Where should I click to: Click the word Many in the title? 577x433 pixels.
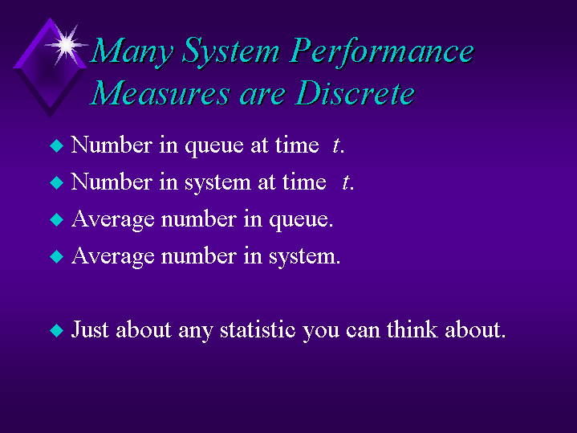[132, 51]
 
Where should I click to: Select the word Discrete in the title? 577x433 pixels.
[355, 93]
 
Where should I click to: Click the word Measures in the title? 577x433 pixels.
[160, 93]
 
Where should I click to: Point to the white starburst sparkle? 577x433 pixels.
[67, 45]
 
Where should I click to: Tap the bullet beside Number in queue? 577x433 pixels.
[57, 145]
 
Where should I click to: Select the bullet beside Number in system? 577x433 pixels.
[57, 182]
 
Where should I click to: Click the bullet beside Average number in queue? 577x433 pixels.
[57, 219]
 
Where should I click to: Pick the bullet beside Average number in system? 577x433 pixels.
[57, 256]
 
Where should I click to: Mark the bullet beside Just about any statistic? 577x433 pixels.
[57, 330]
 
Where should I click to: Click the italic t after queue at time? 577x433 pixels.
[335, 145]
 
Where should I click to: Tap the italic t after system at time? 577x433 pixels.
[346, 182]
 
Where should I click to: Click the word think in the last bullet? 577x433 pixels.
[412, 329]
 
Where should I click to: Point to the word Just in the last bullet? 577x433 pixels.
[90, 329]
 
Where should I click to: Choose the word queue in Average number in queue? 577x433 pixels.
[301, 220]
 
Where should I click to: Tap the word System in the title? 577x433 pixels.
[231, 52]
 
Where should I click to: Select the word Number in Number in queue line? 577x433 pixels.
[112, 145]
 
